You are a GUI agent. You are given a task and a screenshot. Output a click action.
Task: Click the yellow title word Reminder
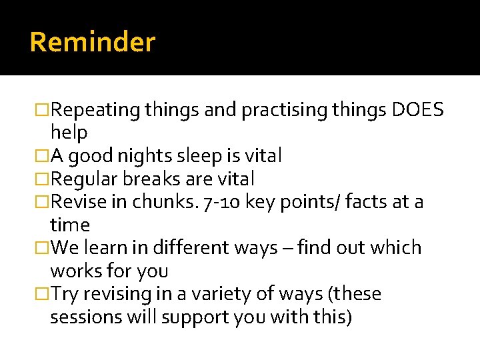click(93, 43)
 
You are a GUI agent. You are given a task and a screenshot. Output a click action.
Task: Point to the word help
click(69, 133)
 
